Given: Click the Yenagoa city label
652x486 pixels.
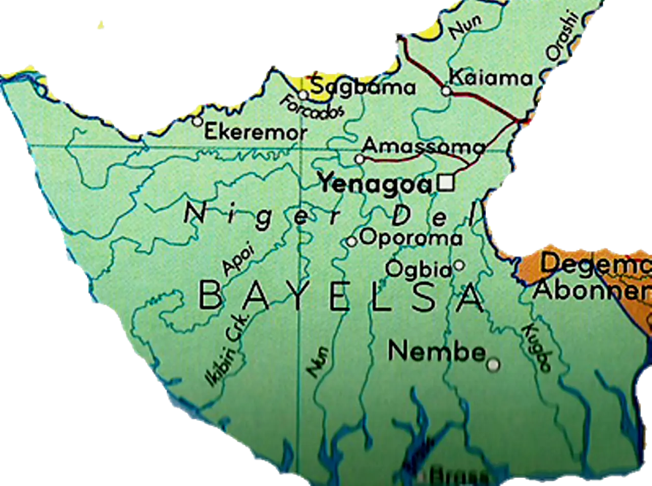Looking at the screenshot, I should point(375,184).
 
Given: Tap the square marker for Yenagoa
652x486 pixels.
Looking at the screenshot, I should point(447,183).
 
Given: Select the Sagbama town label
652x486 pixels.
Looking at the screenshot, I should point(363,88).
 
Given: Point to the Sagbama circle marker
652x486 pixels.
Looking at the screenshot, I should point(303,95).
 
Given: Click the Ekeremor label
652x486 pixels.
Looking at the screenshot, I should point(256,132).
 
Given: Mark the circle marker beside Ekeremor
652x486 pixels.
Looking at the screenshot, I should point(197,122).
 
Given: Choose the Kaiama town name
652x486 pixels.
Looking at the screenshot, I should point(491,78).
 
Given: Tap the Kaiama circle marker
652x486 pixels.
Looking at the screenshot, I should point(446,91).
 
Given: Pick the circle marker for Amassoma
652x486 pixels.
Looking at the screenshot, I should point(360,159).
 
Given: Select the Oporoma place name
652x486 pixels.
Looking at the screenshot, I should point(411,238).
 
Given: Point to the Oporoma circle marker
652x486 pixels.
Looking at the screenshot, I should point(351,241).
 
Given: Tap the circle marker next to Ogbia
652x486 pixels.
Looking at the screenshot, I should point(459,265).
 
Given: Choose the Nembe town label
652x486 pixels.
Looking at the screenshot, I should point(437,352).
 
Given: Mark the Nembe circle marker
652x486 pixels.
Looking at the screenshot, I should point(493,365).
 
